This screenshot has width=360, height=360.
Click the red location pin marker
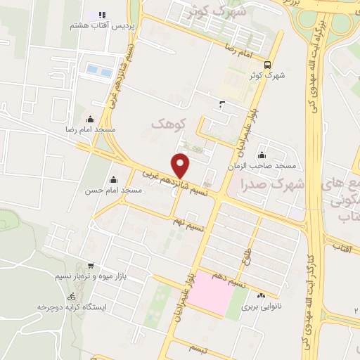pos(181,165)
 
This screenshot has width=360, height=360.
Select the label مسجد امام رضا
pos(90,131)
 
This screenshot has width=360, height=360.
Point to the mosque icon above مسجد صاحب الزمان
pos(262,155)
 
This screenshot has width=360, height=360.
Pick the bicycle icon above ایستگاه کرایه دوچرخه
pos(71,297)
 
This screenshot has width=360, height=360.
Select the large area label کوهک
pos(169,124)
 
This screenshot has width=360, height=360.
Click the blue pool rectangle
pos(99,71)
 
